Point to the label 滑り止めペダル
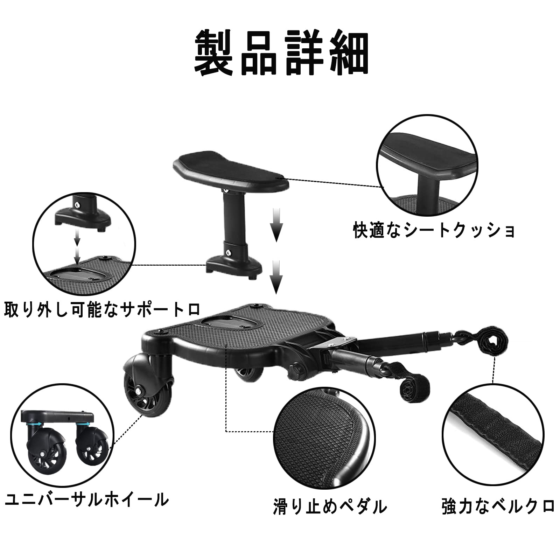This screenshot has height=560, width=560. click(330, 507)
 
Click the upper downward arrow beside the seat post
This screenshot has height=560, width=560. click(276, 224)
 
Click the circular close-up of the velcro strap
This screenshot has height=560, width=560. click(493, 435)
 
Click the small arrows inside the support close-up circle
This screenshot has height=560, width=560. click(77, 247)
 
